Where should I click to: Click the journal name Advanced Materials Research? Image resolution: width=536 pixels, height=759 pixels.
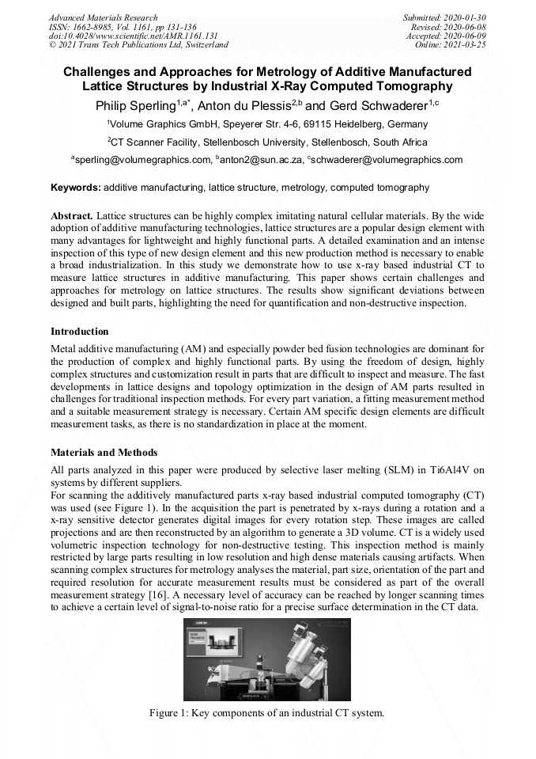point(103,17)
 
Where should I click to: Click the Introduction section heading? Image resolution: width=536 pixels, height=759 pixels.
point(80,331)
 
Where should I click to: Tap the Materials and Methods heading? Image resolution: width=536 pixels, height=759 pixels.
point(104,453)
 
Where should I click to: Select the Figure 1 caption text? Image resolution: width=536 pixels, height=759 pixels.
point(267,713)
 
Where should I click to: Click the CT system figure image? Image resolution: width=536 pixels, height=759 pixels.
point(267,659)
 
